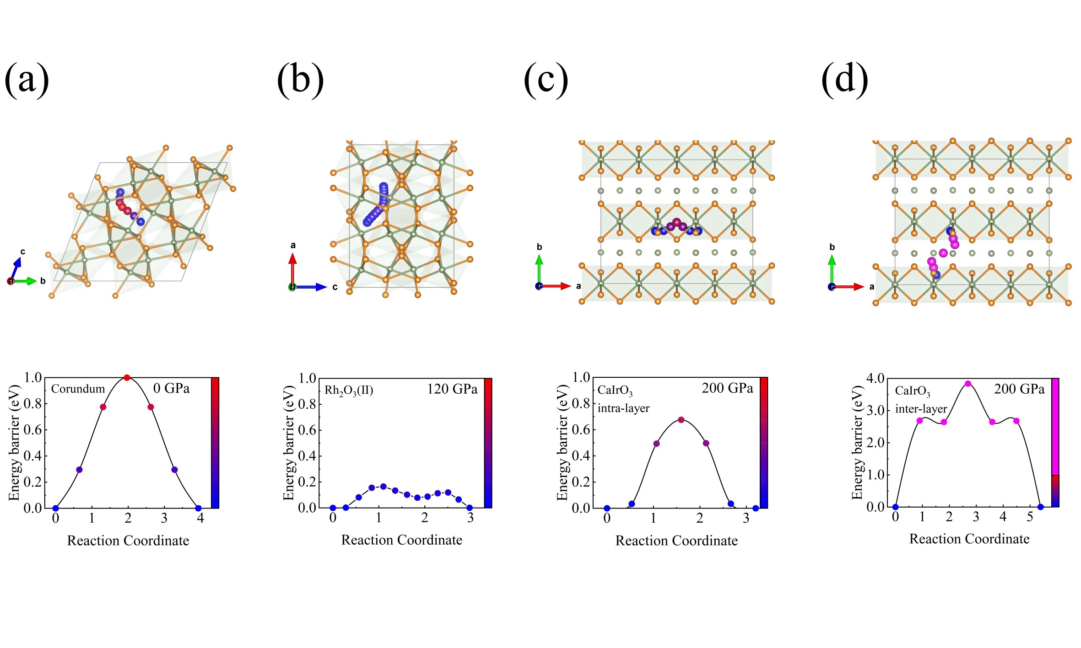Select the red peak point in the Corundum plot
[127, 378]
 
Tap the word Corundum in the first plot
[78, 389]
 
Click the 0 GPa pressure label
[171, 389]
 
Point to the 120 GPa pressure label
[452, 389]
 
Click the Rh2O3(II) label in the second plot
[349, 391]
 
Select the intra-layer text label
[623, 408]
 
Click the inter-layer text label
[921, 409]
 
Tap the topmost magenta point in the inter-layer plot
[968, 384]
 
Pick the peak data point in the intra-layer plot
[681, 420]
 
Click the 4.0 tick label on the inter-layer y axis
[875, 378]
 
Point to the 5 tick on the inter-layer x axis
[1030, 517]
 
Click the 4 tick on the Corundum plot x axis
[200, 519]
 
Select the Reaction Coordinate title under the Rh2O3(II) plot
[401, 540]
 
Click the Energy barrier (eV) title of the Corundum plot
[15, 443]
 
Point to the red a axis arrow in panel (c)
[558, 286]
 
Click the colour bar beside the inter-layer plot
[1055, 442]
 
